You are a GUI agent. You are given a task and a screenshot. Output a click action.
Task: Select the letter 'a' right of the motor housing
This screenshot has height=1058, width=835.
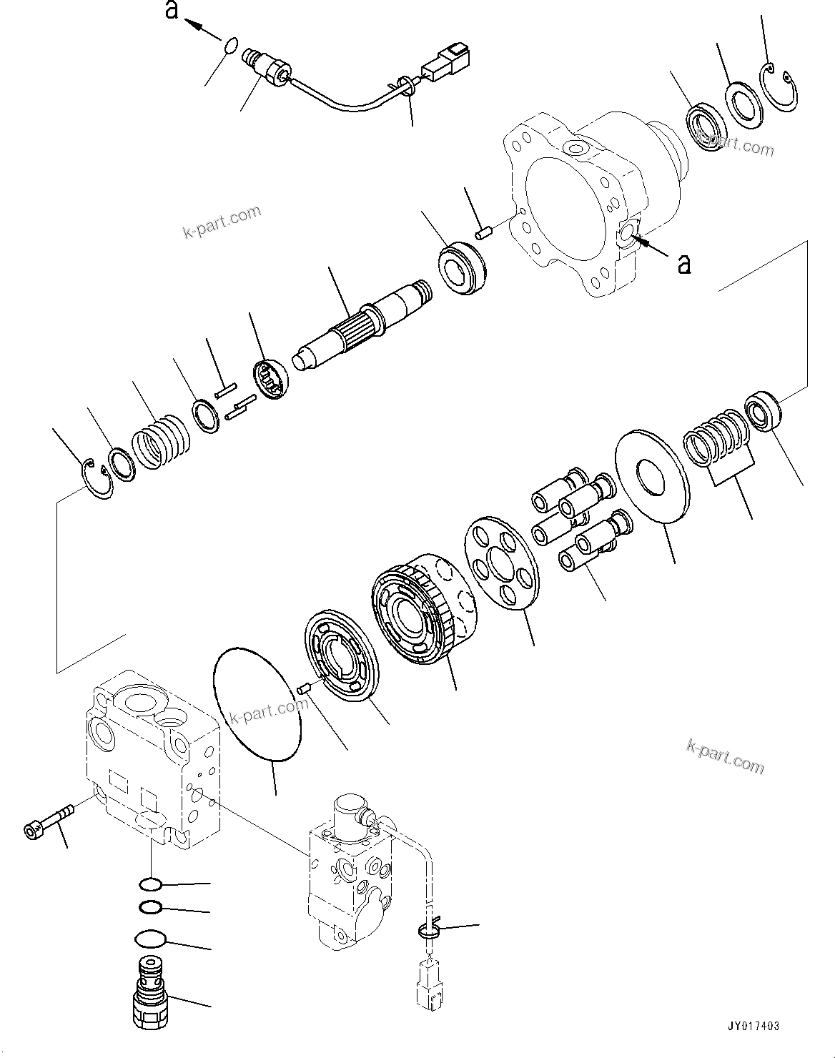pyautogui.click(x=684, y=264)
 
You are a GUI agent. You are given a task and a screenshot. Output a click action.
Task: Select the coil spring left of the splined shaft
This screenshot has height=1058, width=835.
pyautogui.click(x=160, y=441)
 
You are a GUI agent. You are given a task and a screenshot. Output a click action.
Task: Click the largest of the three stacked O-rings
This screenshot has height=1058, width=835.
pyautogui.click(x=149, y=939)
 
